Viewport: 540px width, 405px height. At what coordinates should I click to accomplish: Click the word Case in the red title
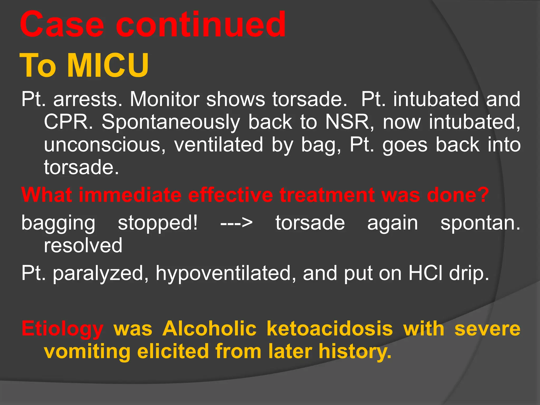tap(62, 25)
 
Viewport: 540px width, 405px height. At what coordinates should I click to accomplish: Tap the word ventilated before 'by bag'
tap(218, 145)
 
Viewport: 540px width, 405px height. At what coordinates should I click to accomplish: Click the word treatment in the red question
tap(327, 195)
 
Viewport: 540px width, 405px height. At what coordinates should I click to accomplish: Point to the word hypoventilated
tap(226, 274)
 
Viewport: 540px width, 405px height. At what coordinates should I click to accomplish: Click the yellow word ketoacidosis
tap(330, 329)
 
